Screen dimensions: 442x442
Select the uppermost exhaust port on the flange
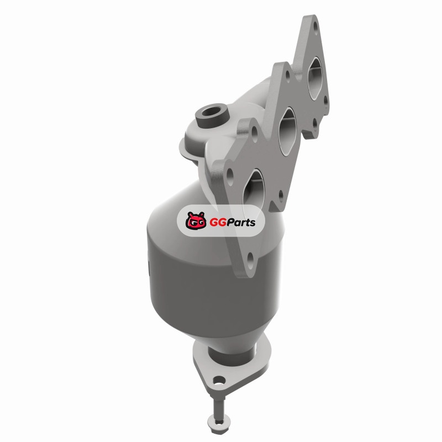[x=315, y=77]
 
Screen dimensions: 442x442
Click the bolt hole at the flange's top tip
[x=315, y=27]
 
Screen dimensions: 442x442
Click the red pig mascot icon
[x=196, y=220]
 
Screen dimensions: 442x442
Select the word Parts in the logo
[x=241, y=223]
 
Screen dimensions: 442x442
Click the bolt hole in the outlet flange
[x=219, y=381]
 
